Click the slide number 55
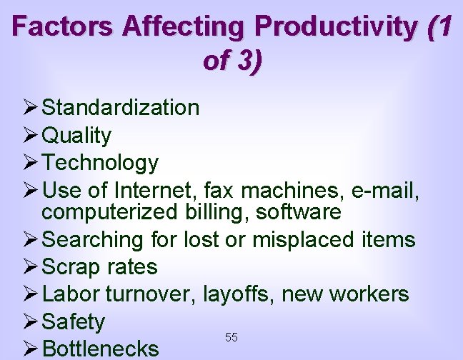pyautogui.click(x=231, y=336)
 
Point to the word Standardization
pyautogui.click(x=121, y=108)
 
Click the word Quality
pyautogui.click(x=76, y=135)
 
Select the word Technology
pyautogui.click(x=100, y=163)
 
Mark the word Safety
pyautogui.click(x=74, y=322)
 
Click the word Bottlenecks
pyautogui.click(x=101, y=349)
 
